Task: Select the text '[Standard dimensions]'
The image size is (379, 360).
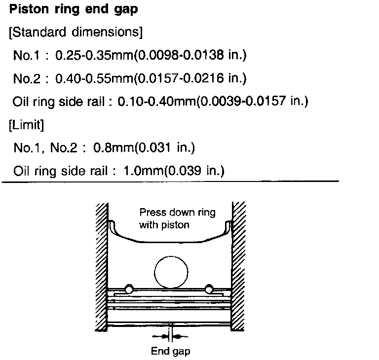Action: (x=76, y=33)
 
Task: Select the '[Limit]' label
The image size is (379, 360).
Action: (x=27, y=125)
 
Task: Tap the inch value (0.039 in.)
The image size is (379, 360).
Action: (x=194, y=171)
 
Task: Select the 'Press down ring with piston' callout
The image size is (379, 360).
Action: (x=171, y=219)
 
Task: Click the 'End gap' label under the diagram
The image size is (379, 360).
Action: (x=170, y=351)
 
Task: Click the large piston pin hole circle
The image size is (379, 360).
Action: (x=171, y=273)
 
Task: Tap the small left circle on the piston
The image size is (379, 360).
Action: (x=130, y=288)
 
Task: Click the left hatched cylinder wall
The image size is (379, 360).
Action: (x=101, y=266)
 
